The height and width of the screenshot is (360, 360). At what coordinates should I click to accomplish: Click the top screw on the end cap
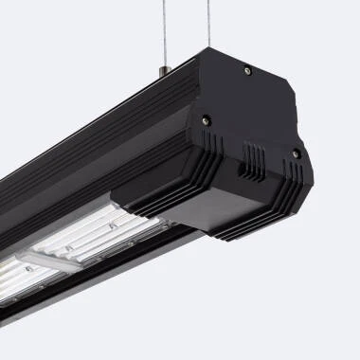point(247,69)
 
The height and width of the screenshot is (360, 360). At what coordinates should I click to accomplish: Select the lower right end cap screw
point(296,153)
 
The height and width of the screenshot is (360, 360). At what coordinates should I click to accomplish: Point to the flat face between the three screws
point(251,109)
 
